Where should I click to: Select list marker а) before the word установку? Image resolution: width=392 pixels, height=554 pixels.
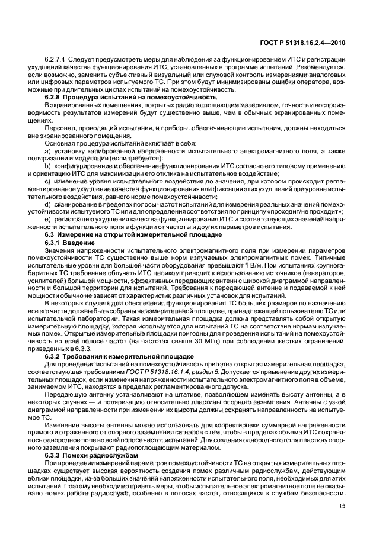point(48,152)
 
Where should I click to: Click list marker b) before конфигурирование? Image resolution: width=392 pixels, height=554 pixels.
point(48,166)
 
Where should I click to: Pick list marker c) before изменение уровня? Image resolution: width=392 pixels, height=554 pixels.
point(48,180)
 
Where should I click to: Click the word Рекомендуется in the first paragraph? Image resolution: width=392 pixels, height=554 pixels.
point(314,68)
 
